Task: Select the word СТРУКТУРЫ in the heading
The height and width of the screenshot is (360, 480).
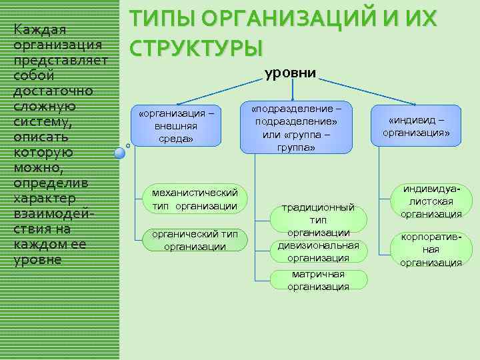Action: click(196, 48)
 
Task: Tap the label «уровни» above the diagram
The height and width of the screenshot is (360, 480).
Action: click(291, 73)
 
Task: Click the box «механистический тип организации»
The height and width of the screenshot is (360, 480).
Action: click(194, 199)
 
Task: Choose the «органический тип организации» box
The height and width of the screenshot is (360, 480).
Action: click(194, 241)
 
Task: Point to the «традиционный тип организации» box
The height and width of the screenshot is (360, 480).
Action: click(318, 217)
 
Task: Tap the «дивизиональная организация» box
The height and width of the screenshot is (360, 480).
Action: click(318, 251)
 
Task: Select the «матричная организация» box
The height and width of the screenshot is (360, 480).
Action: click(318, 280)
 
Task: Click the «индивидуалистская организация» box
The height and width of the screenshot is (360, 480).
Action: click(431, 202)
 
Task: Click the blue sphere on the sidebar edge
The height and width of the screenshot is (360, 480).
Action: click(119, 153)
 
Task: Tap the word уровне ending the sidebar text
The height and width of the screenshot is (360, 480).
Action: click(37, 260)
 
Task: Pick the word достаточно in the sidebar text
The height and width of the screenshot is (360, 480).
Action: click(53, 91)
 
